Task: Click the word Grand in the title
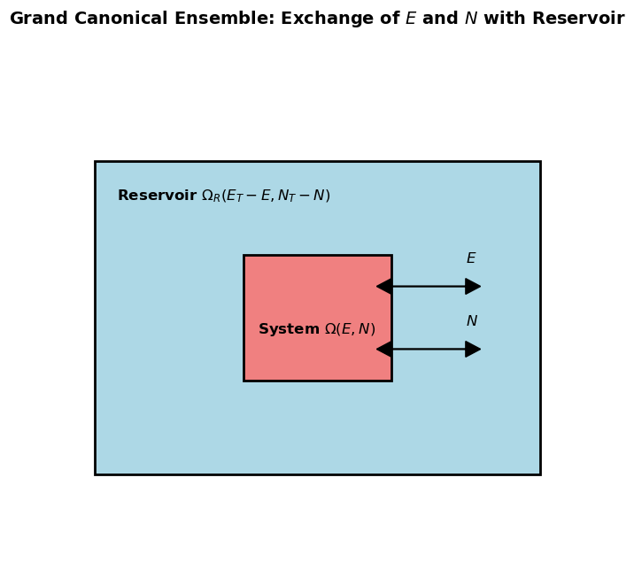(x=36, y=19)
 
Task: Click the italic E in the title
(x=411, y=19)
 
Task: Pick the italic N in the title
(x=470, y=19)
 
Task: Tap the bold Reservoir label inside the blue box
(x=157, y=196)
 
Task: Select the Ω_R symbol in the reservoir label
(x=213, y=196)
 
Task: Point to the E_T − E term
(x=249, y=196)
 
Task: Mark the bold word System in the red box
(x=289, y=329)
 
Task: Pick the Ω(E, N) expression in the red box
(x=350, y=329)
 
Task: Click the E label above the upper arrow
(x=471, y=258)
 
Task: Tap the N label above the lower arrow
(x=472, y=321)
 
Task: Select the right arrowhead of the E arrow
(x=474, y=287)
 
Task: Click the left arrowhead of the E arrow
(x=383, y=287)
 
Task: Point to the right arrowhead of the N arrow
(x=474, y=350)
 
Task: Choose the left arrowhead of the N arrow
(x=383, y=350)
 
